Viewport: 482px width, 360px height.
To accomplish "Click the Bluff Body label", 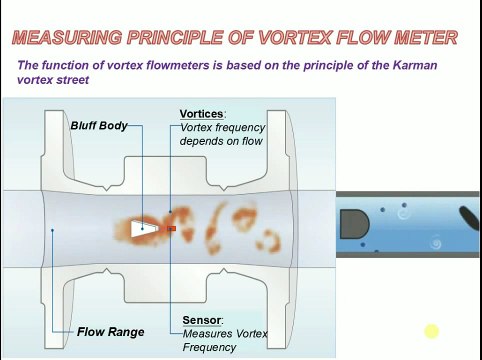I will pyautogui.click(x=99, y=126).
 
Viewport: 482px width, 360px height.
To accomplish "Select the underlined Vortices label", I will pyautogui.click(x=202, y=114).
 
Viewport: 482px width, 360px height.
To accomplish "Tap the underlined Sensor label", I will pyautogui.click(x=202, y=320).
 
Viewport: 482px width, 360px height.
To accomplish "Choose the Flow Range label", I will pyautogui.click(x=110, y=332).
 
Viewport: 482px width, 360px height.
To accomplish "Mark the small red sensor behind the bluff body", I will pyautogui.click(x=171, y=229).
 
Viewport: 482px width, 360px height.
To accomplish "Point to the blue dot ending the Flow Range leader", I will pyautogui.click(x=52, y=230).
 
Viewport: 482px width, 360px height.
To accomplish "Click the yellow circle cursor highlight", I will pyautogui.click(x=431, y=332).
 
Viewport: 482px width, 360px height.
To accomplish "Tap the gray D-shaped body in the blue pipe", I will pyautogui.click(x=352, y=224).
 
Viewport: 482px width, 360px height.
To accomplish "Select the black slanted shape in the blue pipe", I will pyautogui.click(x=468, y=217).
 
